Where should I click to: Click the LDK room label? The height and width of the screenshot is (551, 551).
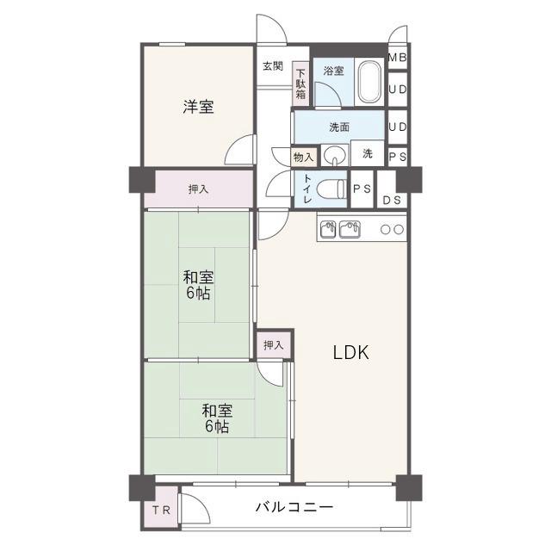click(x=351, y=352)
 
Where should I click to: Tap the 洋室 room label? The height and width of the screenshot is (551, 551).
click(x=198, y=107)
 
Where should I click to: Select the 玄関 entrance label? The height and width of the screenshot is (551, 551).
click(x=273, y=65)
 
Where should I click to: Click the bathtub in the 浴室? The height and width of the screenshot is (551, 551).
click(x=369, y=82)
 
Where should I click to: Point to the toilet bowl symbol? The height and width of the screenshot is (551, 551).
click(x=331, y=189)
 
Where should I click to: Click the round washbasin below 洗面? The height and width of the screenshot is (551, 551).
click(x=334, y=155)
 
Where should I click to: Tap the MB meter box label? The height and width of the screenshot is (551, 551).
click(x=398, y=58)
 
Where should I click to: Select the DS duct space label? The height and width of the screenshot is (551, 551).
click(x=392, y=201)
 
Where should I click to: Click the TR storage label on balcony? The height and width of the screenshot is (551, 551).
click(x=161, y=510)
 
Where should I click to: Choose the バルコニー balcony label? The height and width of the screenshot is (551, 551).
click(x=294, y=507)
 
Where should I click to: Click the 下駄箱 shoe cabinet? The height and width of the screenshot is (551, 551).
click(x=300, y=84)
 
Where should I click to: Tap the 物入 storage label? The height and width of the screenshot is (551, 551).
click(x=303, y=157)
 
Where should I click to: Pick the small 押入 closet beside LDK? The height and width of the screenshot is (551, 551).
click(x=274, y=344)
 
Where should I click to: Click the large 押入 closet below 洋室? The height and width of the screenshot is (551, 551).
click(x=199, y=189)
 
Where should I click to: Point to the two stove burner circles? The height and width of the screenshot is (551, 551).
click(x=393, y=230)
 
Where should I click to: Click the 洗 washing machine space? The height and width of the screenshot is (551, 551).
click(x=368, y=153)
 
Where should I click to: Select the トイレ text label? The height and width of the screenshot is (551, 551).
click(x=307, y=189)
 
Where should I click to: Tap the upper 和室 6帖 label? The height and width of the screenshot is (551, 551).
click(x=198, y=285)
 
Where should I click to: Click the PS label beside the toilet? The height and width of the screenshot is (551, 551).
click(x=362, y=189)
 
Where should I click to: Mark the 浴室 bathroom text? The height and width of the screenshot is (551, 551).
click(x=333, y=71)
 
